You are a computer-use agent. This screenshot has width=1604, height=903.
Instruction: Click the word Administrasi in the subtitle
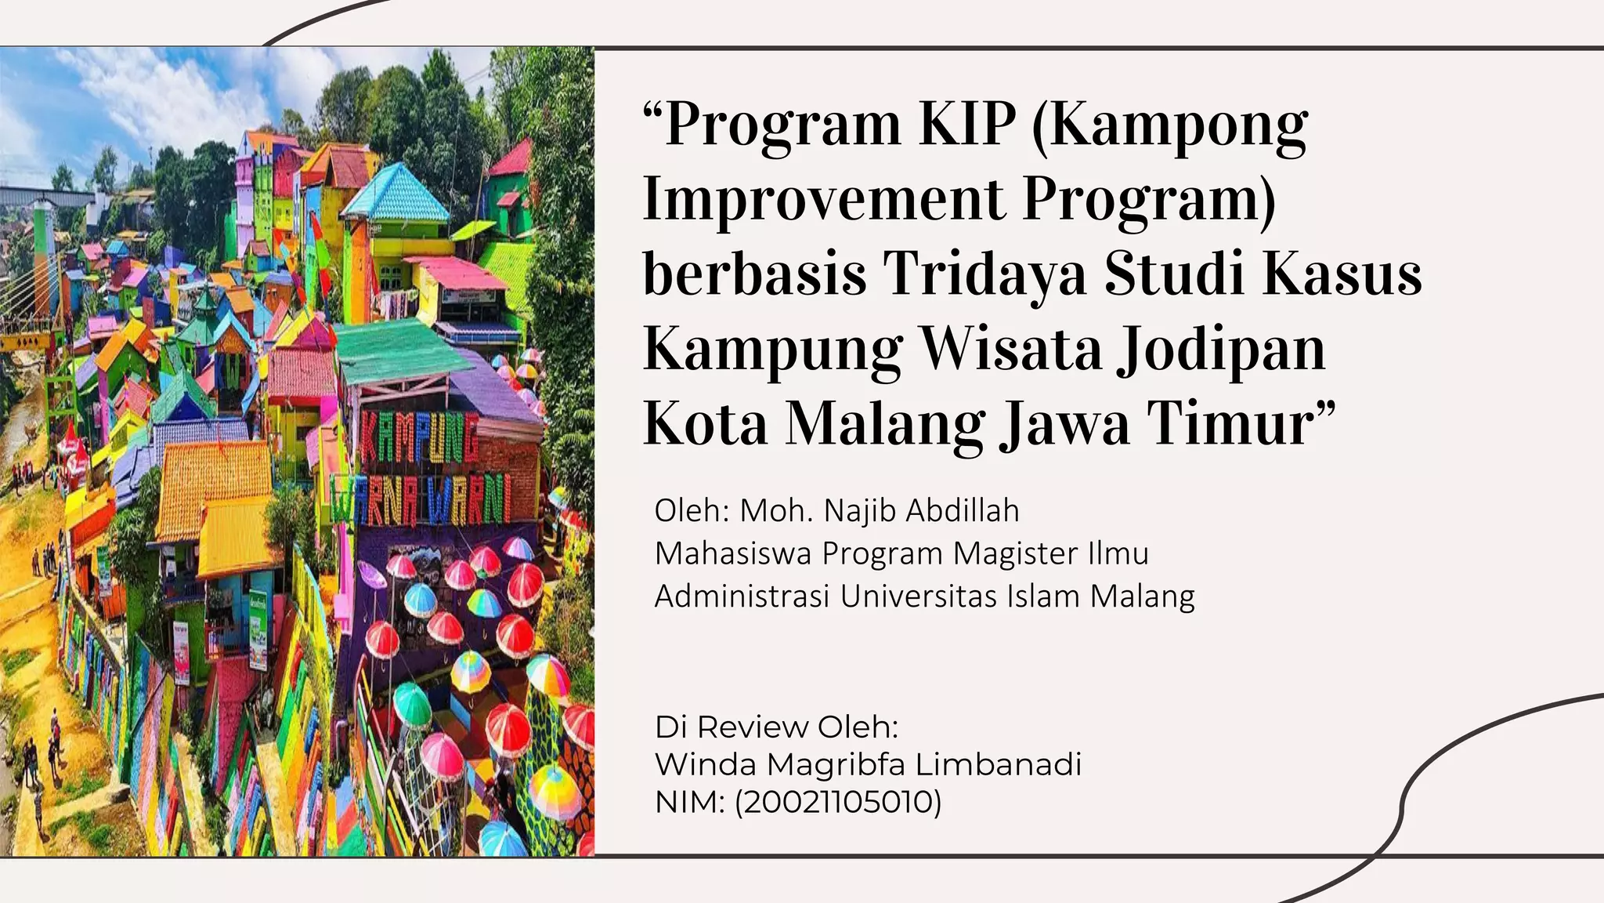[742, 597]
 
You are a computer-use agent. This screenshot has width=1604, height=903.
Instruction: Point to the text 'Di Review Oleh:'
[776, 727]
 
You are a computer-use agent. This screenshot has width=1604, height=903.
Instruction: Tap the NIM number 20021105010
[838, 802]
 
